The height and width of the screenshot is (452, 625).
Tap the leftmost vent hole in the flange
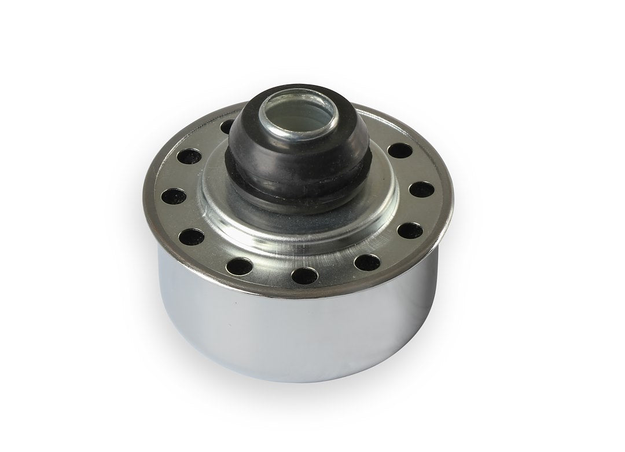tap(172, 195)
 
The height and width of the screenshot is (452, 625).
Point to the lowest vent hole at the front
tap(305, 274)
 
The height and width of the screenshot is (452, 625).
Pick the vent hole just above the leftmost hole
tap(191, 156)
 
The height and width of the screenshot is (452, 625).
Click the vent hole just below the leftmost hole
tap(192, 236)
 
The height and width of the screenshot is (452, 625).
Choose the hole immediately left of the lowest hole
tap(242, 265)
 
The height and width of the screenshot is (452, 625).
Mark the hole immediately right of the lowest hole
tap(367, 262)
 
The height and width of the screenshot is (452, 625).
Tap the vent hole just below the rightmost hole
tap(409, 229)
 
